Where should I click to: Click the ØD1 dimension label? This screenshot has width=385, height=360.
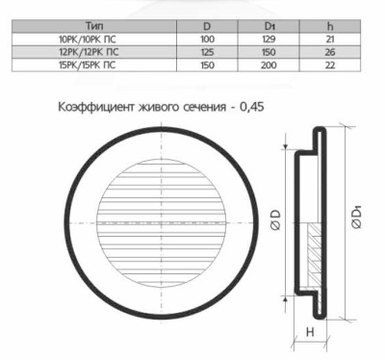358,219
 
